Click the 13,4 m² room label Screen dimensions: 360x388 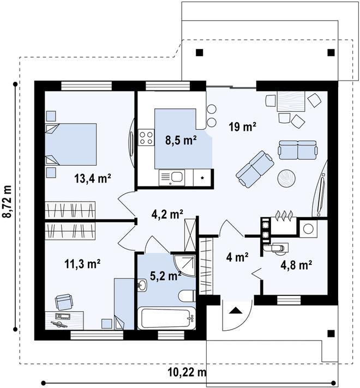[x=92, y=178]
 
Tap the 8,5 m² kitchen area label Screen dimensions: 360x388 [x=181, y=140]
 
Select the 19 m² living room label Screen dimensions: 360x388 [x=242, y=127]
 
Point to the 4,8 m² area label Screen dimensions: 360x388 [x=296, y=265]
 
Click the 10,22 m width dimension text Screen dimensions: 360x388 [x=187, y=372]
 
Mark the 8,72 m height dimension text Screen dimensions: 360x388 [x=8, y=202]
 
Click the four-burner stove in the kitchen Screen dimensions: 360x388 [x=146, y=137]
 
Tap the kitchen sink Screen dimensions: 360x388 [x=172, y=177]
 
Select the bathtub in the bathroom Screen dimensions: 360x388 [x=167, y=318]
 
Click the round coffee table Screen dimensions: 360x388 [x=287, y=178]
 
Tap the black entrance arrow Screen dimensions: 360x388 [x=235, y=311]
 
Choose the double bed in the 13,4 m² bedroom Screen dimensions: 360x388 [x=70, y=144]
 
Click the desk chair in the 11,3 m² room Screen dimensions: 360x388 [x=64, y=302]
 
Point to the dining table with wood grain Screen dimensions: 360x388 [x=291, y=101]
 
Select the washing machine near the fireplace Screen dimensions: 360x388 [x=308, y=228]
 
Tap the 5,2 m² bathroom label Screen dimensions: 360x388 [x=165, y=276]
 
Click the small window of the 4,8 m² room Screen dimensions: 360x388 [x=289, y=300]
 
